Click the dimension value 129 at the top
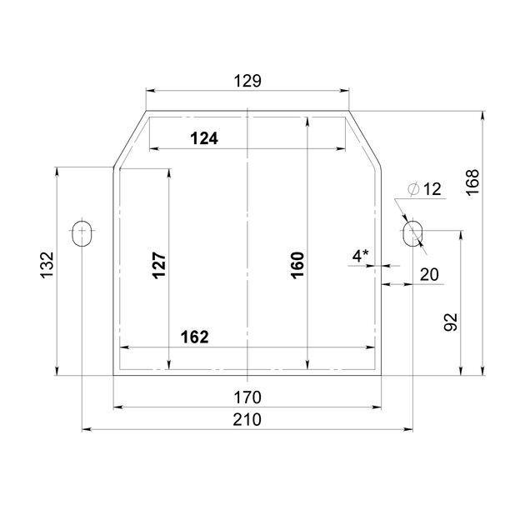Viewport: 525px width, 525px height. (247, 81)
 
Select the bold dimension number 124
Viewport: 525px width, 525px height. (204, 138)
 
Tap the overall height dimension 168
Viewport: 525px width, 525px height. (472, 182)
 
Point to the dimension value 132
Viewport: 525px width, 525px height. (47, 265)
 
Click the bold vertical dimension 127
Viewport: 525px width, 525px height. (159, 266)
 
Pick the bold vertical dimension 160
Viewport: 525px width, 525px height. (297, 266)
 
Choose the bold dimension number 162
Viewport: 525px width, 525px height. (194, 337)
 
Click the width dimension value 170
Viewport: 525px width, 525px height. (247, 397)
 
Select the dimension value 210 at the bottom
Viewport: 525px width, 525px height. (247, 420)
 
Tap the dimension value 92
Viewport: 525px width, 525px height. (451, 322)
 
